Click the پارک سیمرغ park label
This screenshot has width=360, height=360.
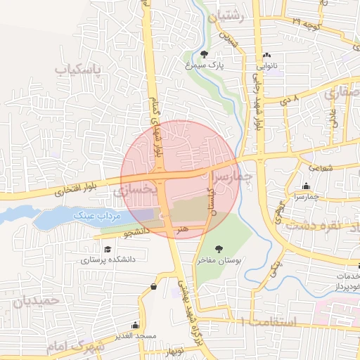(x=205, y=65)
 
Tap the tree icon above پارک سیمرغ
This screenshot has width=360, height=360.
(x=204, y=54)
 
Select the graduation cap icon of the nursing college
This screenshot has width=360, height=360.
(x=108, y=249)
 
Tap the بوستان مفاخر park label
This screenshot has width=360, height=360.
(x=219, y=260)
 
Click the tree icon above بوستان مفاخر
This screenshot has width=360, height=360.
(x=219, y=249)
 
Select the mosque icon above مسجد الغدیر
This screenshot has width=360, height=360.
(x=136, y=326)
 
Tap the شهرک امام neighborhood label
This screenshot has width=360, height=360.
(x=76, y=347)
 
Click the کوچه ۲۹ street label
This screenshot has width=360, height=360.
(x=306, y=24)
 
